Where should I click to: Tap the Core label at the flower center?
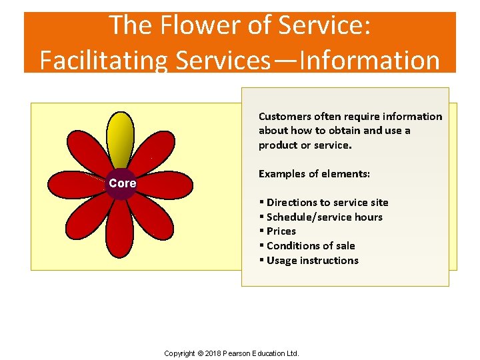122,183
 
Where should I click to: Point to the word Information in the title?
370,60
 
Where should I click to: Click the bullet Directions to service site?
327,203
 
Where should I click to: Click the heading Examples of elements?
314,174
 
